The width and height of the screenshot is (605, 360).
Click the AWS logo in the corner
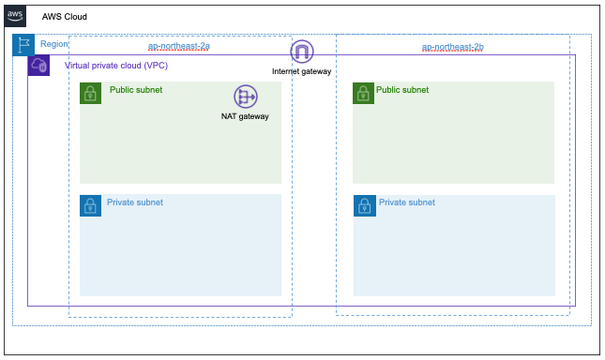[15, 16]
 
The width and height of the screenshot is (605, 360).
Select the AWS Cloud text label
[65, 17]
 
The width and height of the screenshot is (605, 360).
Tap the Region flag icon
[23, 45]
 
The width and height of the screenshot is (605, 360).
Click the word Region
[54, 44]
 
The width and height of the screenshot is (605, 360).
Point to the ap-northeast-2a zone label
[179, 46]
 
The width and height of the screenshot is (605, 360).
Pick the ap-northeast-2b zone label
[453, 47]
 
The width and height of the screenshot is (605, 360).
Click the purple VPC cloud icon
[38, 65]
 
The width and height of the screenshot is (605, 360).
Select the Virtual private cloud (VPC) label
[116, 66]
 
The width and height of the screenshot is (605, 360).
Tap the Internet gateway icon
[302, 52]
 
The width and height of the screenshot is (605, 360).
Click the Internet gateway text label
[302, 71]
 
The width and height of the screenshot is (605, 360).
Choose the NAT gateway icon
[246, 97]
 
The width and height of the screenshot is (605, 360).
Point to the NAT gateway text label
[245, 116]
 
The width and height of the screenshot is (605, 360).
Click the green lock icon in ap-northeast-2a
[91, 93]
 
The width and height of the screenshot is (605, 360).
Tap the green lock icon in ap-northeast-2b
[363, 93]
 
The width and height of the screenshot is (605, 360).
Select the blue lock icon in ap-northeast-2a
[91, 205]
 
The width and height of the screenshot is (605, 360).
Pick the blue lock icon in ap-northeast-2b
[365, 206]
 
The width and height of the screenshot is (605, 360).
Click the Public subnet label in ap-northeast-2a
[136, 90]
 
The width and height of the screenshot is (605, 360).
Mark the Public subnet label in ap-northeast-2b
[402, 90]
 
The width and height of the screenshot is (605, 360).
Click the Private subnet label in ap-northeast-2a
[135, 202]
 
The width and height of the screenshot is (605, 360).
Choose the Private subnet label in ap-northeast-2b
[407, 202]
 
